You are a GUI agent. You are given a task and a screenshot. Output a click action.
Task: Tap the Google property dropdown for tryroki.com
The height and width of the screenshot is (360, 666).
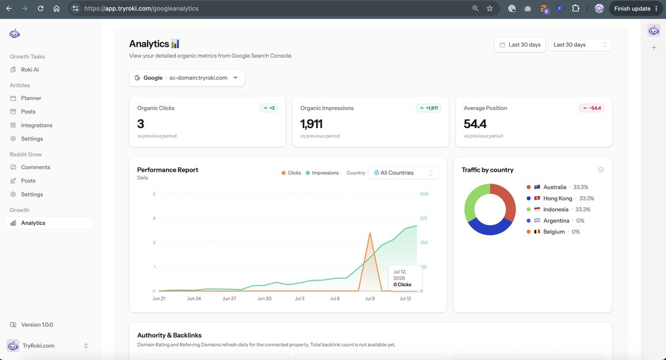click(x=186, y=78)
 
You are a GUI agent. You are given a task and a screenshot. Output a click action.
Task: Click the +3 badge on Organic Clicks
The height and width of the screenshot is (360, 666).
click(x=269, y=108)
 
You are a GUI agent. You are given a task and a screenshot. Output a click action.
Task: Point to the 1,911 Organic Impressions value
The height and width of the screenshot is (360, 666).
click(x=311, y=124)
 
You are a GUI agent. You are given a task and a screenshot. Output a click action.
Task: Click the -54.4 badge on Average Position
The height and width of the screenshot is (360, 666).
click(x=592, y=108)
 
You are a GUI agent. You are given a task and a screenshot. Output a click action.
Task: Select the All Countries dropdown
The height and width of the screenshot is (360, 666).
click(x=403, y=173)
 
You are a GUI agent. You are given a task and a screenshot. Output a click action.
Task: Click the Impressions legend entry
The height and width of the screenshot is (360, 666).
click(x=322, y=173)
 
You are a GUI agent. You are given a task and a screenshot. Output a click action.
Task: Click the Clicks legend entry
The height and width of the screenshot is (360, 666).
click(x=291, y=173)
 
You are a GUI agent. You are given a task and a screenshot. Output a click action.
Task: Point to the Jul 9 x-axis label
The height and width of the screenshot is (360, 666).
click(x=370, y=298)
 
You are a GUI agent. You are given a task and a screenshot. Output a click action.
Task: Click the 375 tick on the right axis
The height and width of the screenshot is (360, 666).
click(x=423, y=218)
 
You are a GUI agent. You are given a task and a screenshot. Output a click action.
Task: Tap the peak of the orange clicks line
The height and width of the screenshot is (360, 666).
click(x=370, y=233)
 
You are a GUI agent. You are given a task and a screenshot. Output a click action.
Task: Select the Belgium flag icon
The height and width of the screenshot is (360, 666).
click(x=537, y=231)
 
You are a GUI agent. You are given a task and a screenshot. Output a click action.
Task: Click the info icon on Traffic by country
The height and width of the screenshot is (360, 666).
click(x=601, y=170)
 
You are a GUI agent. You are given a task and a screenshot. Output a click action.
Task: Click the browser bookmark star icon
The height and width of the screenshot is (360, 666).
click(x=490, y=8)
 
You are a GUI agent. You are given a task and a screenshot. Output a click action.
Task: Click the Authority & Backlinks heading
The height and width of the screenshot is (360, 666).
click(x=169, y=335)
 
